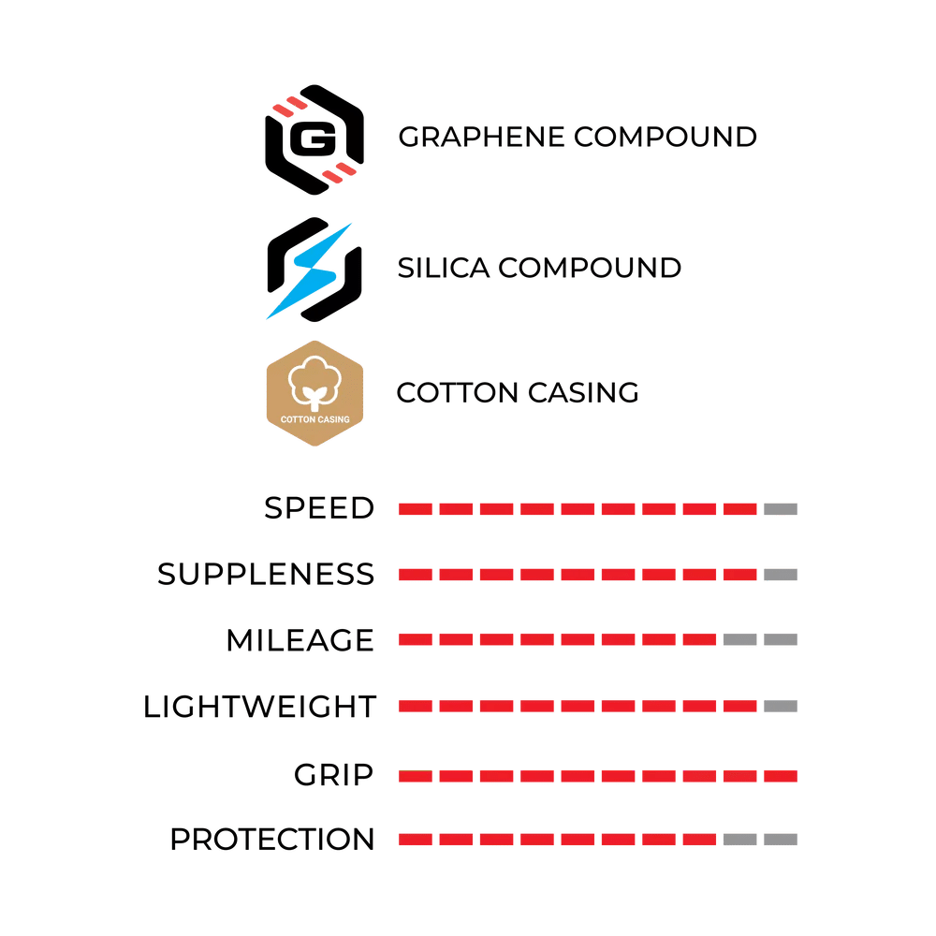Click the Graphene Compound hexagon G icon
(x=314, y=139)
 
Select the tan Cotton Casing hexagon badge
(x=314, y=393)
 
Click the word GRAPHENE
(x=481, y=138)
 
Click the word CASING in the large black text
(x=583, y=393)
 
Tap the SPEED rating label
(x=319, y=508)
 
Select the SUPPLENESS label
(x=266, y=575)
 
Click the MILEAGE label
(x=300, y=640)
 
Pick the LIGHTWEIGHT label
(x=259, y=707)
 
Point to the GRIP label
(x=333, y=775)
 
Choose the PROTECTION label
(x=272, y=840)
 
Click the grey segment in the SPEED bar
(x=781, y=509)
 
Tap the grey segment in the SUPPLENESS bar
(x=781, y=575)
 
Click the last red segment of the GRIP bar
(x=781, y=776)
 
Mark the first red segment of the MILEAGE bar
(x=416, y=640)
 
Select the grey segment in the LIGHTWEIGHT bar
(x=781, y=707)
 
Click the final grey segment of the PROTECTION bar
(x=781, y=840)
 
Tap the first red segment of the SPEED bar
(x=416, y=509)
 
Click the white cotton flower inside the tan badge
(x=314, y=382)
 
